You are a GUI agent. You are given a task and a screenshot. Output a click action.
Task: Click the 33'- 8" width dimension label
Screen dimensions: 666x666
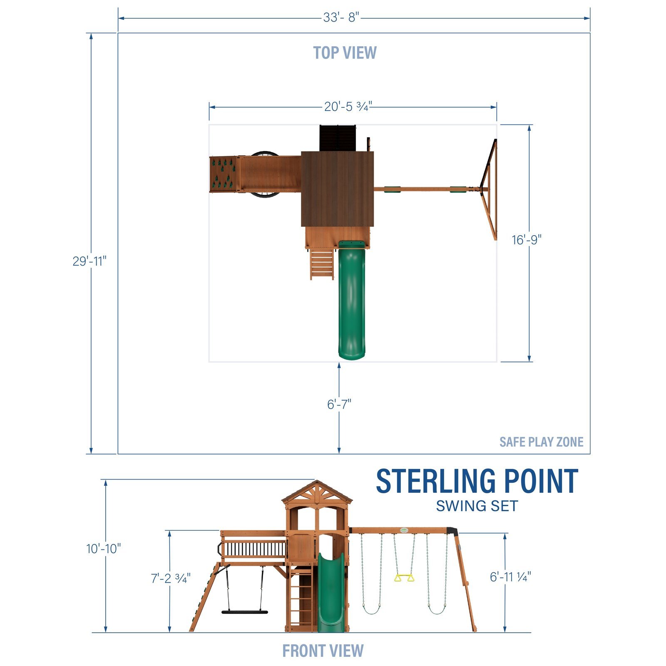(x=341, y=18)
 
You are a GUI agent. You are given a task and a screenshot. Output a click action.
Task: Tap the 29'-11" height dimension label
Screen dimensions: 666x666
(x=89, y=261)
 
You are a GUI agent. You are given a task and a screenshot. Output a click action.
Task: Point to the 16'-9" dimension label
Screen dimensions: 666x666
(x=527, y=240)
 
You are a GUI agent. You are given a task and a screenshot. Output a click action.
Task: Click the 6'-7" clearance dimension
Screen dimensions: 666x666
(x=339, y=404)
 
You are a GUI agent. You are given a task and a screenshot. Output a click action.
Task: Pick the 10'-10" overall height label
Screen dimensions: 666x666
(x=104, y=549)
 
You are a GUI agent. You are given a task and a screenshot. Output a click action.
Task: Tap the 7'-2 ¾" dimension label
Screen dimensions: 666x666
(x=171, y=578)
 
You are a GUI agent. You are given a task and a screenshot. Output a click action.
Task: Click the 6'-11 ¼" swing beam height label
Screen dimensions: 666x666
(x=510, y=577)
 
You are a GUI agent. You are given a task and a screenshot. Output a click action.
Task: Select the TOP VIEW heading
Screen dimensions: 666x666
(x=345, y=53)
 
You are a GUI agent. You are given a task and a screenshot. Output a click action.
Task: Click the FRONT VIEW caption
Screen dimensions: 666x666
(x=323, y=651)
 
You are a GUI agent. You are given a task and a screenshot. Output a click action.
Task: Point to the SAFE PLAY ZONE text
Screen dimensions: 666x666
(x=541, y=442)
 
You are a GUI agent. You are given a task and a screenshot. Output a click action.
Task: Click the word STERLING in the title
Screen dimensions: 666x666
(x=435, y=482)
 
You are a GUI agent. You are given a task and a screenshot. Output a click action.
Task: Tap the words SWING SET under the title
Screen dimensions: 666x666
(x=477, y=506)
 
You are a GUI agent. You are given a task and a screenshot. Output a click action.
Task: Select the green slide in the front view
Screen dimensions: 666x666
(x=331, y=591)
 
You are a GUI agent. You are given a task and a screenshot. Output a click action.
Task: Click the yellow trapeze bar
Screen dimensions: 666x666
(x=404, y=578)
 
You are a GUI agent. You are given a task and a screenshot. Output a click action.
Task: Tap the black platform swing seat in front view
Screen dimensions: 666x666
(x=244, y=612)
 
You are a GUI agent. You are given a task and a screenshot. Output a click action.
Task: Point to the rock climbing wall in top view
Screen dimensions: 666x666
(x=223, y=174)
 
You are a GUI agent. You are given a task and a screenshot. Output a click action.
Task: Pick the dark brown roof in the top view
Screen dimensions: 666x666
(x=337, y=189)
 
